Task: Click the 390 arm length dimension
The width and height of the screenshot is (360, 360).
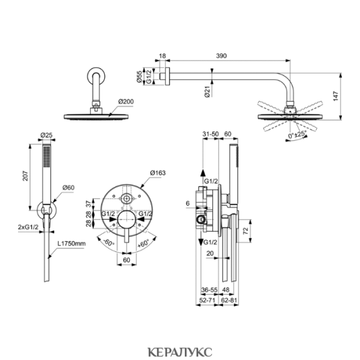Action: coord(221,56)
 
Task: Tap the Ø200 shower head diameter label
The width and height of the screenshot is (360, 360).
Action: coord(126,101)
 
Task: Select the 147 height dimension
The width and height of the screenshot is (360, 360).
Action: coord(336,96)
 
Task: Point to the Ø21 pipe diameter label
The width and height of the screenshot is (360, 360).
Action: coord(208,92)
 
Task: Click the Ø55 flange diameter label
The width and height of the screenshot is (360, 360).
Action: coord(139,77)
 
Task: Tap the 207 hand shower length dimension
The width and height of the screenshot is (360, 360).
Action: coord(25,176)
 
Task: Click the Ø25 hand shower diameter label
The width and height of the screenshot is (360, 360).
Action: coord(47,135)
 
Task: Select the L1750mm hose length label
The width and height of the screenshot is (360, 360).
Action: coord(71,244)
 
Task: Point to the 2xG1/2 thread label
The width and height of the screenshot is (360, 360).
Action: coord(28,227)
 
